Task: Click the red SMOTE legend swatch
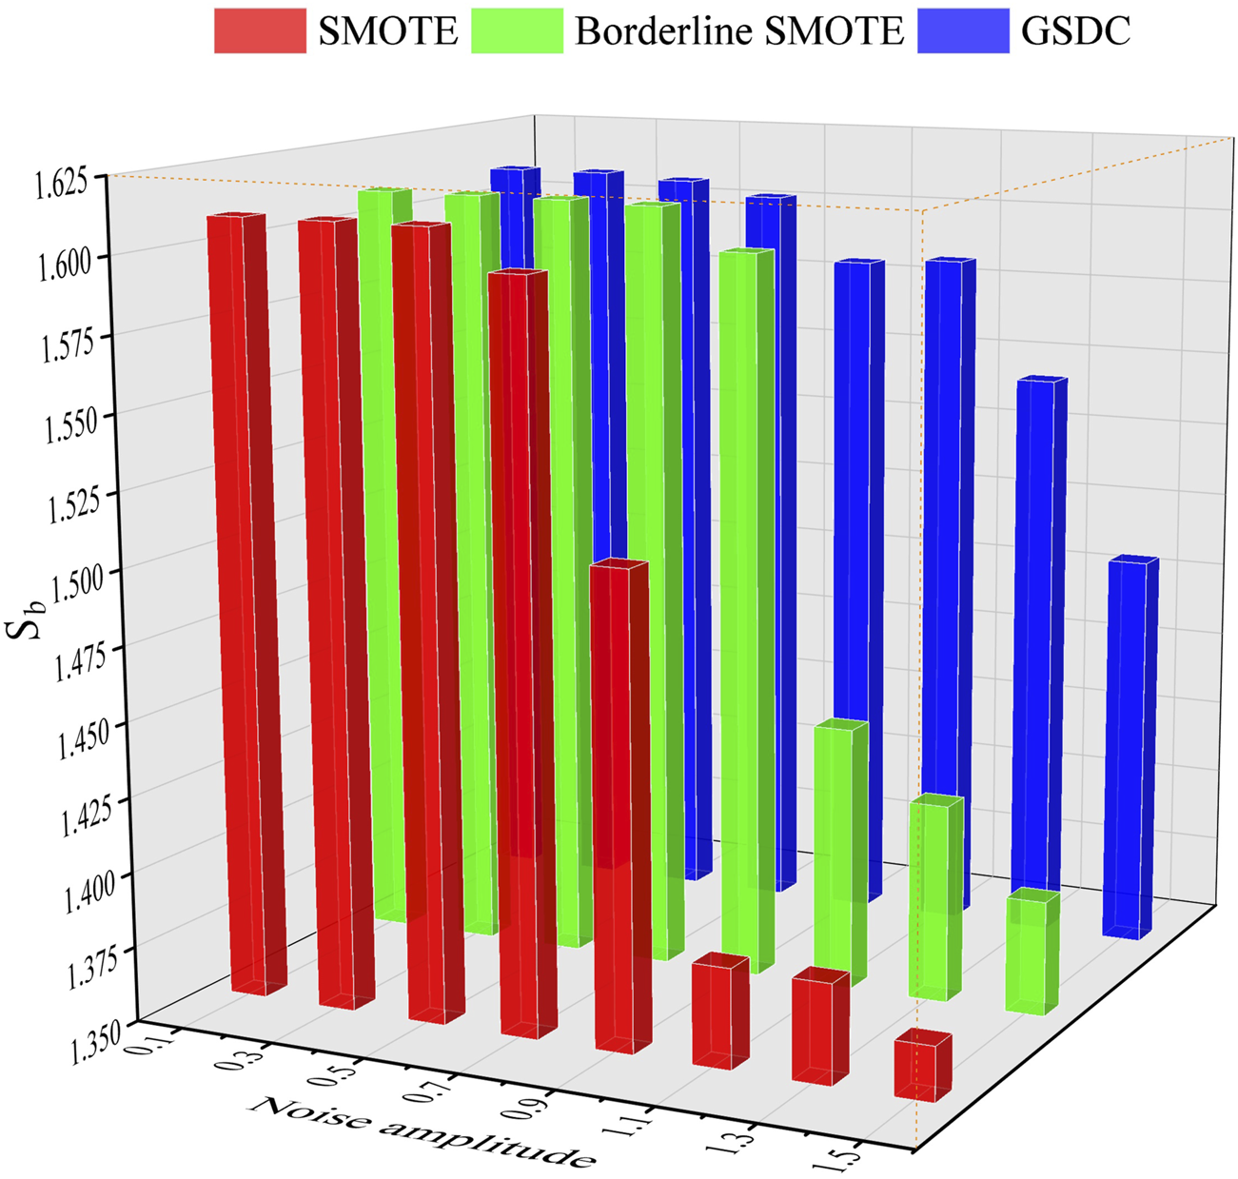(x=260, y=30)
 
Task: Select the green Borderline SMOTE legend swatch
(x=517, y=30)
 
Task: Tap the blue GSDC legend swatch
(x=962, y=30)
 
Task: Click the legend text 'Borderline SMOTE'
(x=738, y=30)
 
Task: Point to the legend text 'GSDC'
(x=1075, y=30)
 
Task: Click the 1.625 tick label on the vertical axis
(x=61, y=182)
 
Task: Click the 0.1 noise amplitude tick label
(x=159, y=1038)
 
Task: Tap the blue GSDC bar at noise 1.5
(x=1130, y=747)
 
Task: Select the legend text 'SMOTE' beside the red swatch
(x=387, y=30)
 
